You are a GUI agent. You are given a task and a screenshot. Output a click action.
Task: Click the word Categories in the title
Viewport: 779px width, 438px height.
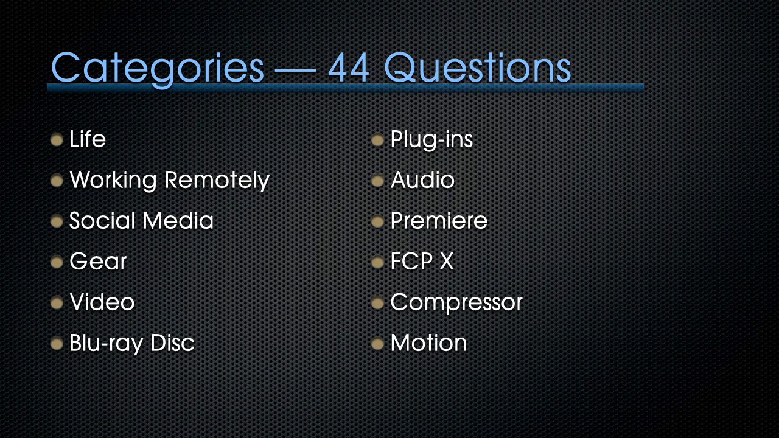[x=157, y=69]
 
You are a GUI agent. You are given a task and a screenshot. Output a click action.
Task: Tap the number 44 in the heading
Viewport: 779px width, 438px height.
[x=349, y=68]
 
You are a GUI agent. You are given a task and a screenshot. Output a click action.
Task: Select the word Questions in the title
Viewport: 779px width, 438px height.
[x=478, y=68]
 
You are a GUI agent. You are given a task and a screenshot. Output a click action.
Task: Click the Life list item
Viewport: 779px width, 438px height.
[x=88, y=139]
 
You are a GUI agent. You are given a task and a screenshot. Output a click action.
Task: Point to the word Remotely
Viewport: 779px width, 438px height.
[x=217, y=181]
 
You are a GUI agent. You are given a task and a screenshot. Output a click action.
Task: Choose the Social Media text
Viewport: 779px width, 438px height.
[x=141, y=221]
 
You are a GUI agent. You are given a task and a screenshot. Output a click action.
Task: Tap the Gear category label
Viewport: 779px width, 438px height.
[x=98, y=262]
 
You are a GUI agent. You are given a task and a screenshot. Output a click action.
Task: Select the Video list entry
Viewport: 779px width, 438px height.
[x=102, y=302]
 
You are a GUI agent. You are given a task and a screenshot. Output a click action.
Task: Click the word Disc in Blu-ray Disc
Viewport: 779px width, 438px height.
[x=172, y=342]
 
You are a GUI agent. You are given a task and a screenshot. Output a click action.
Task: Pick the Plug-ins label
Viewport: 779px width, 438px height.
[x=431, y=140]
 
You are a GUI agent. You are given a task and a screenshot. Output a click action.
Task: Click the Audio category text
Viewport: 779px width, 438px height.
[x=422, y=180]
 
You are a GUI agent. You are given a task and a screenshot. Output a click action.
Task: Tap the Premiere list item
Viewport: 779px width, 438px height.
[x=439, y=221]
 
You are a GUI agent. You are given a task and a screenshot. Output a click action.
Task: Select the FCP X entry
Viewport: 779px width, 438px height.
[x=422, y=262]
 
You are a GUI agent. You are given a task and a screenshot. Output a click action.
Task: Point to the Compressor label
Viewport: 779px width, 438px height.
[x=456, y=303]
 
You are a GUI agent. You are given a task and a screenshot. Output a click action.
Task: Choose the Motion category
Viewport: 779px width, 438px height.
[x=429, y=342]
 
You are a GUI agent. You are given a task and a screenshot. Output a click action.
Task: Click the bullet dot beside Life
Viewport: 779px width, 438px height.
[x=57, y=140]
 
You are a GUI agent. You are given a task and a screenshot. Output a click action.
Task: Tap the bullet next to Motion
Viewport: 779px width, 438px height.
[x=377, y=344]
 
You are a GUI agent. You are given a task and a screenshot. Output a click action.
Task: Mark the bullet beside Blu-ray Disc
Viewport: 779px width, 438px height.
[x=57, y=344]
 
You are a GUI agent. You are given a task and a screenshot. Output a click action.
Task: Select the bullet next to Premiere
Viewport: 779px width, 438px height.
[x=377, y=221]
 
